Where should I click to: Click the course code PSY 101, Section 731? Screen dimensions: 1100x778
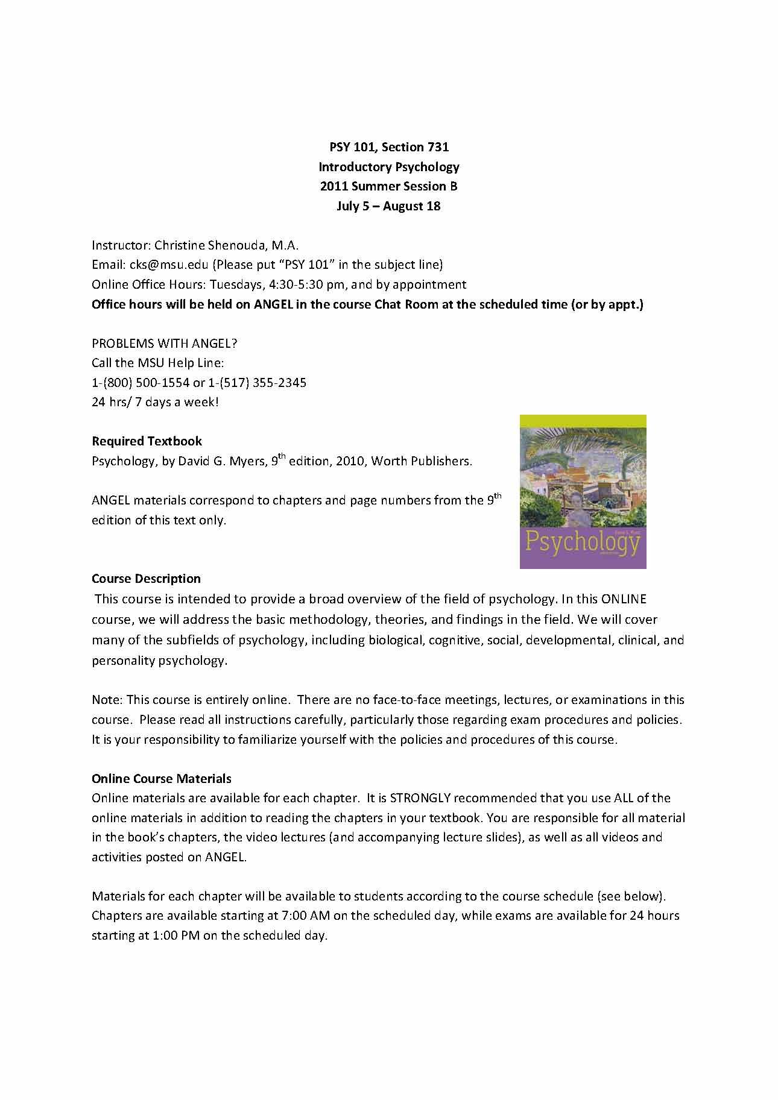(388, 147)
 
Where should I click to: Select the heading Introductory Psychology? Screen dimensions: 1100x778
(388, 167)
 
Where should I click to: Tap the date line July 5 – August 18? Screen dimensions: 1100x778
(388, 206)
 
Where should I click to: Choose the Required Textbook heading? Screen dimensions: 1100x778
(147, 441)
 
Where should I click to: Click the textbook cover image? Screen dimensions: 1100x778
(583, 491)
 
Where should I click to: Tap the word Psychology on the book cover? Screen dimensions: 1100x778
(582, 542)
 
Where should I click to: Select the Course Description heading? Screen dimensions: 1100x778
(146, 579)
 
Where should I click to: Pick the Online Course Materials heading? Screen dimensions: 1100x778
(161, 778)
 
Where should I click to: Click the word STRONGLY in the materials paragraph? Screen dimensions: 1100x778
(420, 798)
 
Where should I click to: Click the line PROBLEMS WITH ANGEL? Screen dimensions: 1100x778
(164, 344)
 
